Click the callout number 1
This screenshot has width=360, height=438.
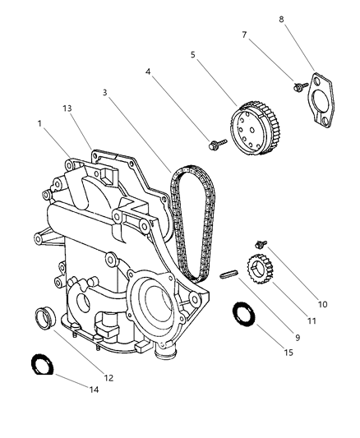pyautogui.click(x=39, y=124)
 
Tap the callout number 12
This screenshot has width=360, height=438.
pyautogui.click(x=108, y=378)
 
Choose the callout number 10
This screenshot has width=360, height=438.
pyautogui.click(x=322, y=304)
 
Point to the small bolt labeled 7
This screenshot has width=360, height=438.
pyautogui.click(x=293, y=85)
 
